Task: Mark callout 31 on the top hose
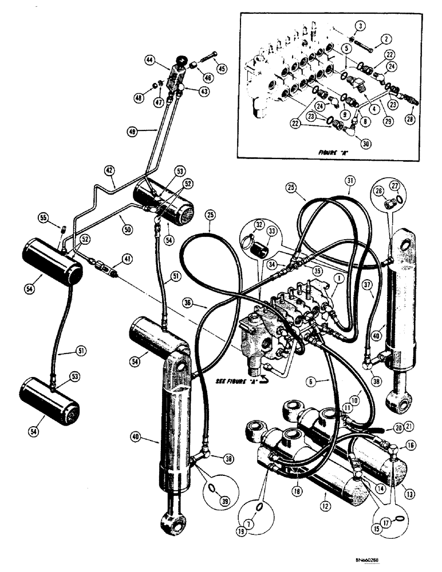(x=350, y=181)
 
